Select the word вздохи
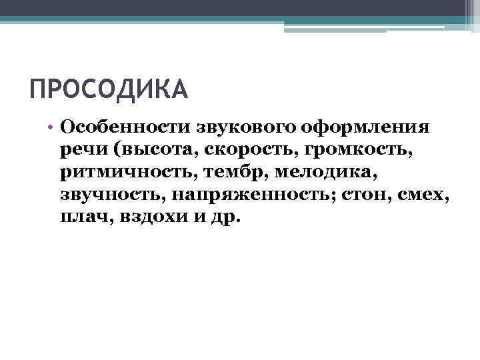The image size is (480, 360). click(x=153, y=218)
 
